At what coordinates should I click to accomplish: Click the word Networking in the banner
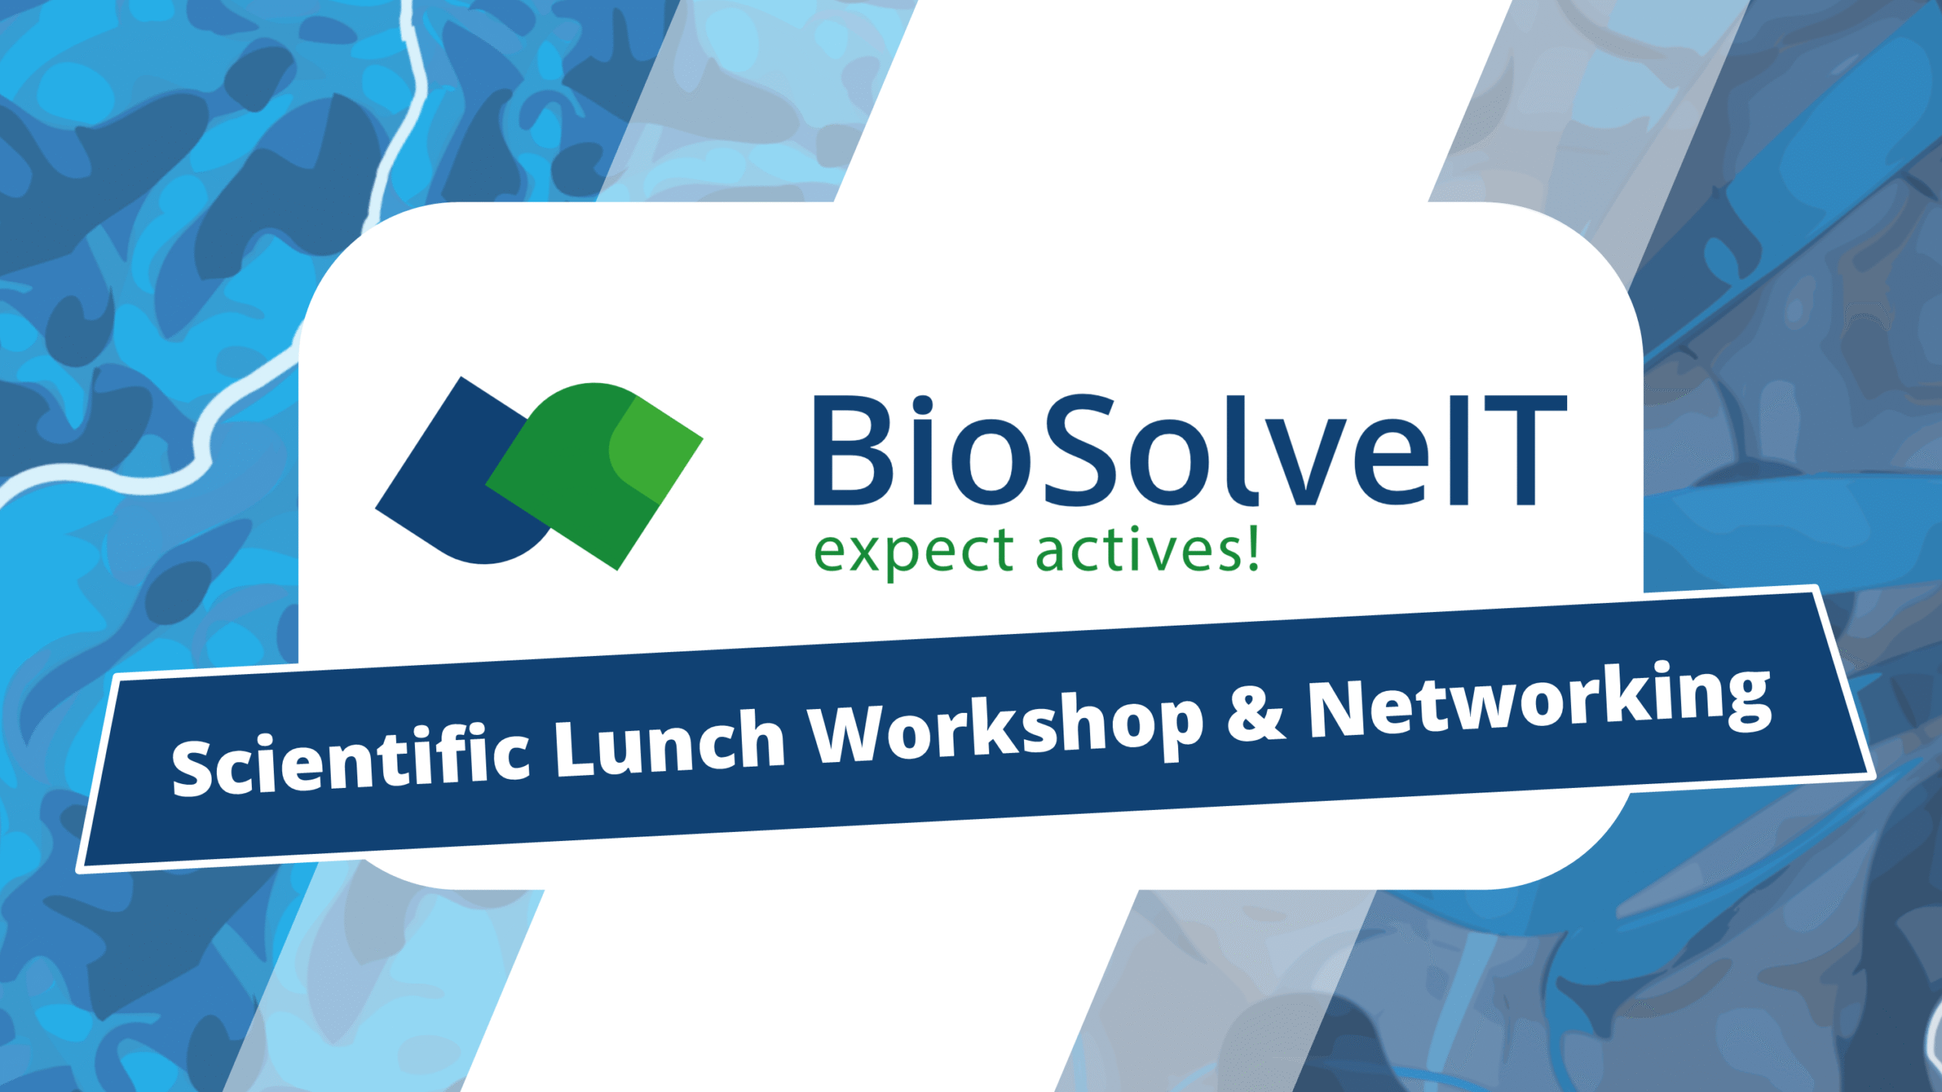[1540, 701]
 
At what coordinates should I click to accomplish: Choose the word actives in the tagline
[1138, 550]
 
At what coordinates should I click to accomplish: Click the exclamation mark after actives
[1253, 548]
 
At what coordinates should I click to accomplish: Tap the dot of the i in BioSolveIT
[922, 405]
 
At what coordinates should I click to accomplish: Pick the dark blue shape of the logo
[440, 485]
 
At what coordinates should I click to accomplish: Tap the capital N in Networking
[1339, 709]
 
